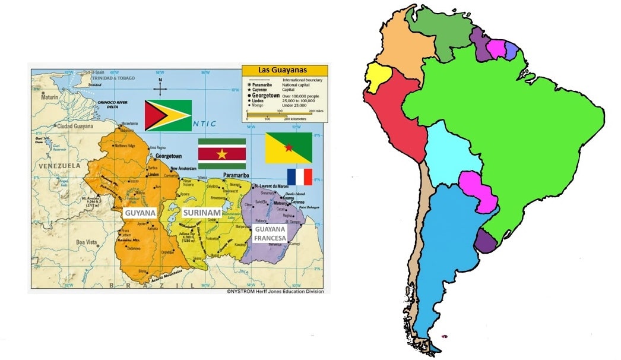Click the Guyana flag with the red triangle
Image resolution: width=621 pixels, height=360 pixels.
pos(168,115)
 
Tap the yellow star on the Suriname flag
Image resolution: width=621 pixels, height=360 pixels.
pos(222,154)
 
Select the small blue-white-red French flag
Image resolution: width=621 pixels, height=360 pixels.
pos(299,177)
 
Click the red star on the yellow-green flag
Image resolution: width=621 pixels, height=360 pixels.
pos(289,147)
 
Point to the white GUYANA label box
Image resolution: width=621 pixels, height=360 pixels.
pos(140,213)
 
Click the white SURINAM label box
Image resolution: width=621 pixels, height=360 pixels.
pos(200,213)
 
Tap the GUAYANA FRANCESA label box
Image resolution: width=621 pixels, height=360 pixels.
pos(270,233)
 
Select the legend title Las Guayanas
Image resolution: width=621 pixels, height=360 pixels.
pos(284,70)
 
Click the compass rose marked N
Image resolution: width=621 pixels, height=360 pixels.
pos(160,89)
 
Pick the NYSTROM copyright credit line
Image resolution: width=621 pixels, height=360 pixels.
pos(275,292)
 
